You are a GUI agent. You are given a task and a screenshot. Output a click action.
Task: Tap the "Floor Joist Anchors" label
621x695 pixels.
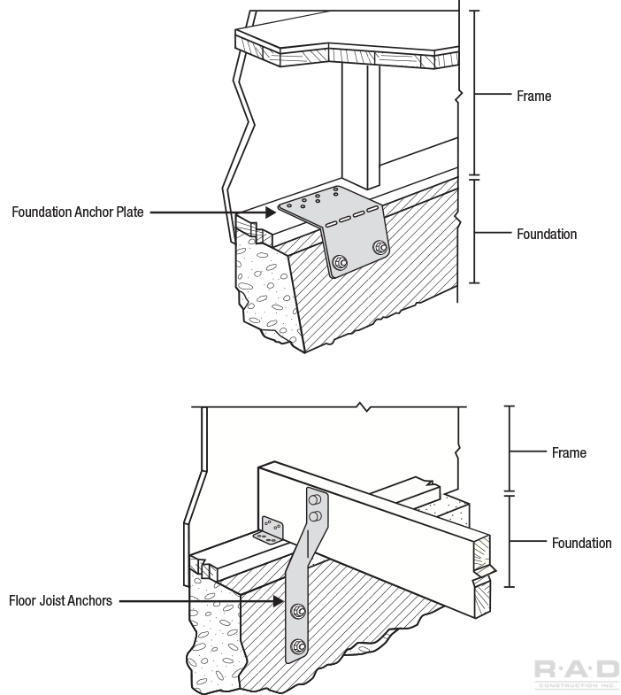(x=60, y=601)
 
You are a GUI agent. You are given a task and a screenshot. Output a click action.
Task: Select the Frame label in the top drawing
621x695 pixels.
(x=533, y=96)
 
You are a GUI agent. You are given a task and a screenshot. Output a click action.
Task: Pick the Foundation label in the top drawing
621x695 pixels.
(x=546, y=235)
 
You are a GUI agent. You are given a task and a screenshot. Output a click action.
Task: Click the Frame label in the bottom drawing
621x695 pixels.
(x=569, y=453)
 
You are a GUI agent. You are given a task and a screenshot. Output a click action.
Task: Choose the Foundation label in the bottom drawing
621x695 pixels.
(x=581, y=543)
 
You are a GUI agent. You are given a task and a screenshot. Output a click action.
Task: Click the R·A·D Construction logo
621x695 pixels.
(x=576, y=673)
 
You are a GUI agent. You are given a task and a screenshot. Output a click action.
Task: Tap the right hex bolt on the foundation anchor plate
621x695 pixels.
(x=379, y=247)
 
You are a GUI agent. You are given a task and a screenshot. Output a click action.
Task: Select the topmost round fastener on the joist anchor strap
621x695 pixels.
(x=312, y=500)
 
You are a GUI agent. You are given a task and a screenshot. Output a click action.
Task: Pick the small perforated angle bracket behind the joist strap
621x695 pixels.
(x=272, y=531)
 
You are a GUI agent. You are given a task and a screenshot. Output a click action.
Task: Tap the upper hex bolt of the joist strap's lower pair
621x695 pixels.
(x=298, y=610)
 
